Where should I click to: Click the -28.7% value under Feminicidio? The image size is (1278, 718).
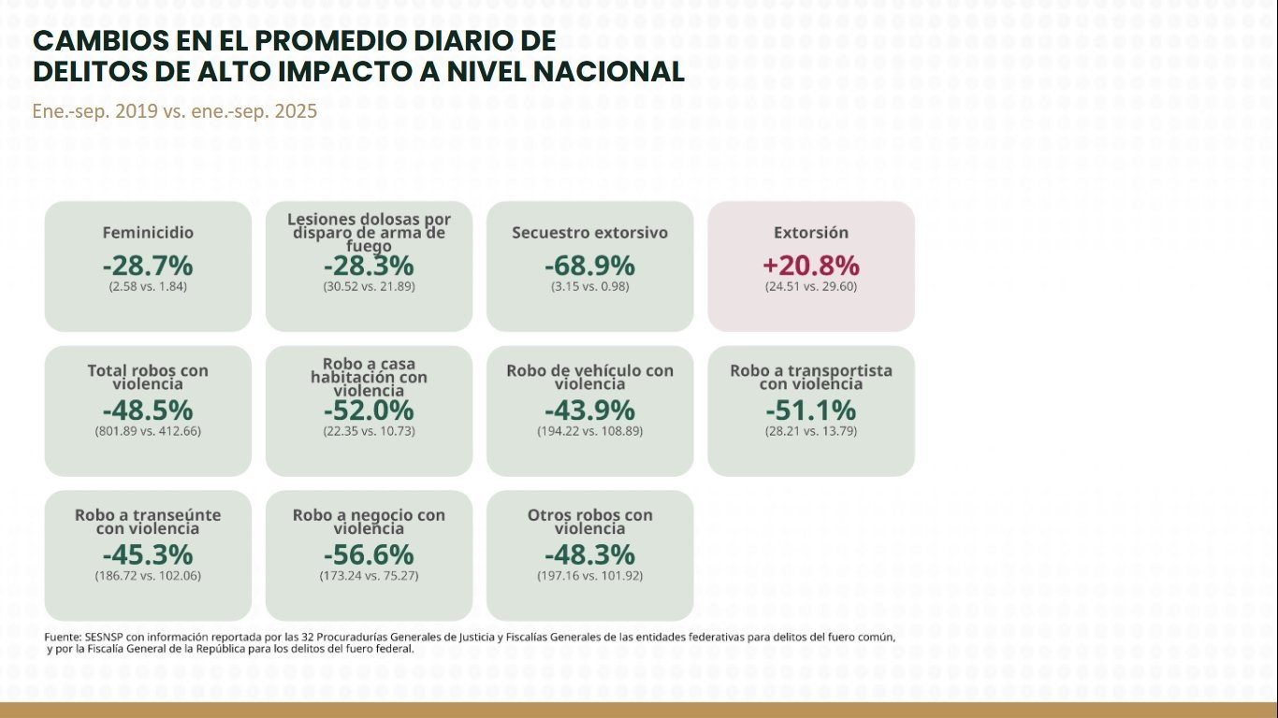148,266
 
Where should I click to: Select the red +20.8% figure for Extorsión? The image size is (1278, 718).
811,266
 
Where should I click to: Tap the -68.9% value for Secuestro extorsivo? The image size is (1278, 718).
589,266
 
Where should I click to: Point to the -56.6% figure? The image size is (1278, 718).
369,554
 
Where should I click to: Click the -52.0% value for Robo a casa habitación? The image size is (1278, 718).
369,410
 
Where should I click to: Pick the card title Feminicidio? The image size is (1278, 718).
148,233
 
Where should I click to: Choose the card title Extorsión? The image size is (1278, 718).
811,233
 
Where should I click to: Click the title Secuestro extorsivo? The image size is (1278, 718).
589,233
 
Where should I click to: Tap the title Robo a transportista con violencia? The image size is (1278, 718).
811,377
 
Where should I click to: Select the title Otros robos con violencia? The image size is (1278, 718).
589,522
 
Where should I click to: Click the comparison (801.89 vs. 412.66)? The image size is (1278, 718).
148,432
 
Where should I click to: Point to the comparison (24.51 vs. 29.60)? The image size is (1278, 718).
811,286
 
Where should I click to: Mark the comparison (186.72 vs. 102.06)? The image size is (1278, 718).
148,576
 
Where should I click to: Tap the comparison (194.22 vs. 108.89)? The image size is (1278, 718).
589,432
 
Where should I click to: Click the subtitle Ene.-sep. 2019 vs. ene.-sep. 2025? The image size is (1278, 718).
175,111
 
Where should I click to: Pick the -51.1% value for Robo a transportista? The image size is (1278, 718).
811,410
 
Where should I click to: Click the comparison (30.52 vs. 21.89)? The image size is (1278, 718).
369,286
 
